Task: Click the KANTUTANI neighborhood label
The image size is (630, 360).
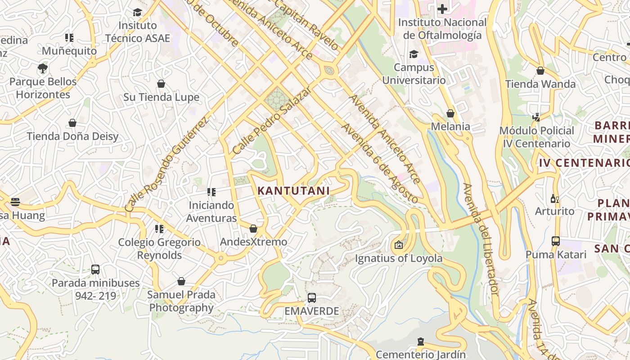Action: click(293, 191)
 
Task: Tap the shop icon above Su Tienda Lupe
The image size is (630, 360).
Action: click(161, 84)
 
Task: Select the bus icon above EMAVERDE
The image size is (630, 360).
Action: click(311, 297)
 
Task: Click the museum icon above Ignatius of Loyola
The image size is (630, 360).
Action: click(398, 245)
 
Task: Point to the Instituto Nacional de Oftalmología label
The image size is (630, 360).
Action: click(442, 29)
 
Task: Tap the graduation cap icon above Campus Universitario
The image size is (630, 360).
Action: click(413, 54)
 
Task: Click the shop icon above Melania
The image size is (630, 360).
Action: click(450, 113)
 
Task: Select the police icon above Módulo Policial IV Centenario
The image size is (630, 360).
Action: click(536, 117)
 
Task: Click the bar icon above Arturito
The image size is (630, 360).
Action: click(554, 198)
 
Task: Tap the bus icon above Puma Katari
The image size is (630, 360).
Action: click(556, 241)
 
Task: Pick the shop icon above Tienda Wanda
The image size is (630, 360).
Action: click(540, 71)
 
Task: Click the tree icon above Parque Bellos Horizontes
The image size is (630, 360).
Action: click(43, 68)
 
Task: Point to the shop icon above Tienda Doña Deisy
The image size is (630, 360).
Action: click(72, 123)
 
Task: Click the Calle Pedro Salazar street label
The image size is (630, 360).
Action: click(272, 121)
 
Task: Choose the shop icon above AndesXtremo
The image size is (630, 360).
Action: click(253, 229)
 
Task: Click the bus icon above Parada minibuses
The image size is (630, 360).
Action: click(95, 270)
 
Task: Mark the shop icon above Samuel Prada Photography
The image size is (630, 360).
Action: click(181, 281)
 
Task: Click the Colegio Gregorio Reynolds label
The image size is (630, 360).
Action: click(159, 248)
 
